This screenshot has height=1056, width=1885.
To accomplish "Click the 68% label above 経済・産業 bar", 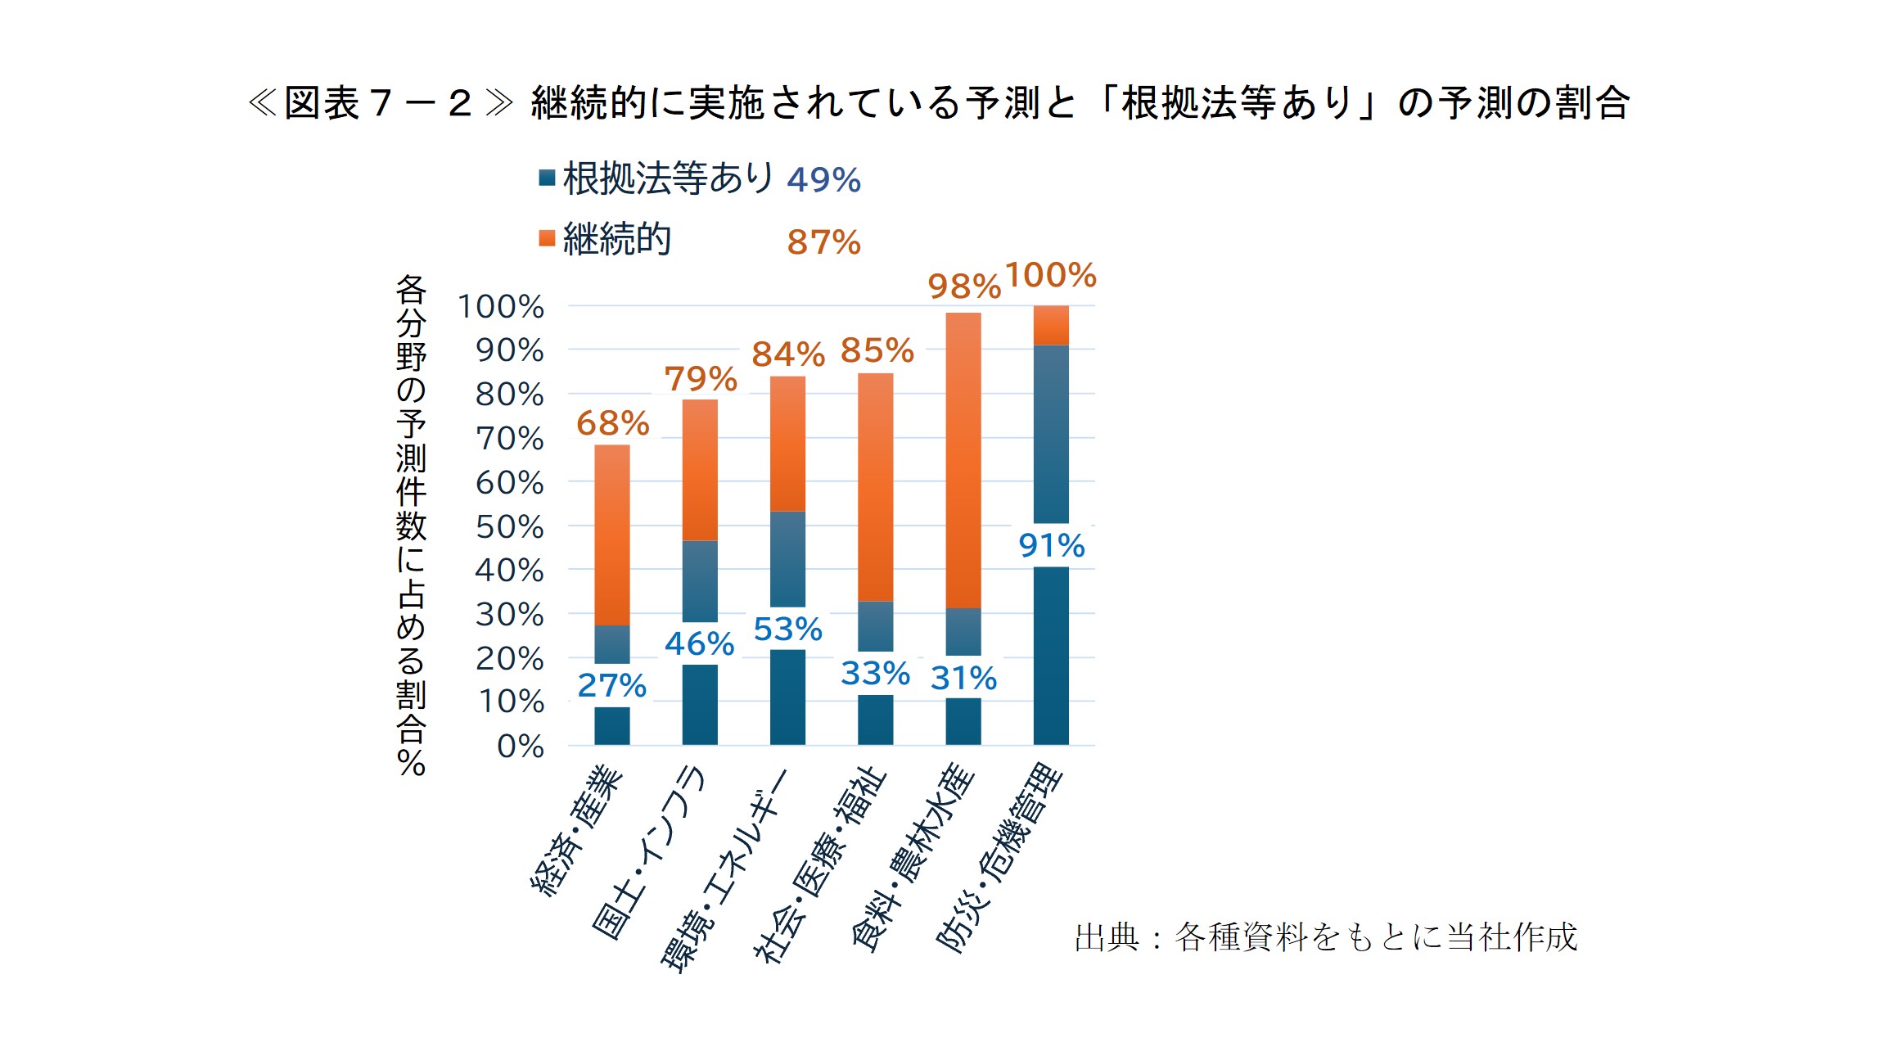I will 612,423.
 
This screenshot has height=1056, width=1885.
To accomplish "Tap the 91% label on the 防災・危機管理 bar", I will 1051,545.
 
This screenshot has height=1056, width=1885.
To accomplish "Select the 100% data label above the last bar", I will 1050,275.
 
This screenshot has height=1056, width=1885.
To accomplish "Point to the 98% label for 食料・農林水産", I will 963,287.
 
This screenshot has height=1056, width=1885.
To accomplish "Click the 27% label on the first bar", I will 611,685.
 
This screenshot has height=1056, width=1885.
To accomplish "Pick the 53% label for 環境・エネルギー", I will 787,629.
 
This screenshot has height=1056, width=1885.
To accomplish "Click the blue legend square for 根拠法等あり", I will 547,178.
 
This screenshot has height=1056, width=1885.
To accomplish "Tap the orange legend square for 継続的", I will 547,238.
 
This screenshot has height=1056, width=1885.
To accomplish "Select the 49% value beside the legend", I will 823,179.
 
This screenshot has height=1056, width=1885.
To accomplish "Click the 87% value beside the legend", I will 823,242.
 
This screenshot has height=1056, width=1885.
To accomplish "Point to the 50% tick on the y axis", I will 509,526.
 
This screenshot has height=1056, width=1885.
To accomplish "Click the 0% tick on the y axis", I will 520,746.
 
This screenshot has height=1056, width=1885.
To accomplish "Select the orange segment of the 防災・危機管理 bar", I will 1051,325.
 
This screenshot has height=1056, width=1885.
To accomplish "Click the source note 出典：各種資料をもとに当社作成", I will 1325,937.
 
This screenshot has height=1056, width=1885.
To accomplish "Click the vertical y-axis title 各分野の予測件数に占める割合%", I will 411,525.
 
